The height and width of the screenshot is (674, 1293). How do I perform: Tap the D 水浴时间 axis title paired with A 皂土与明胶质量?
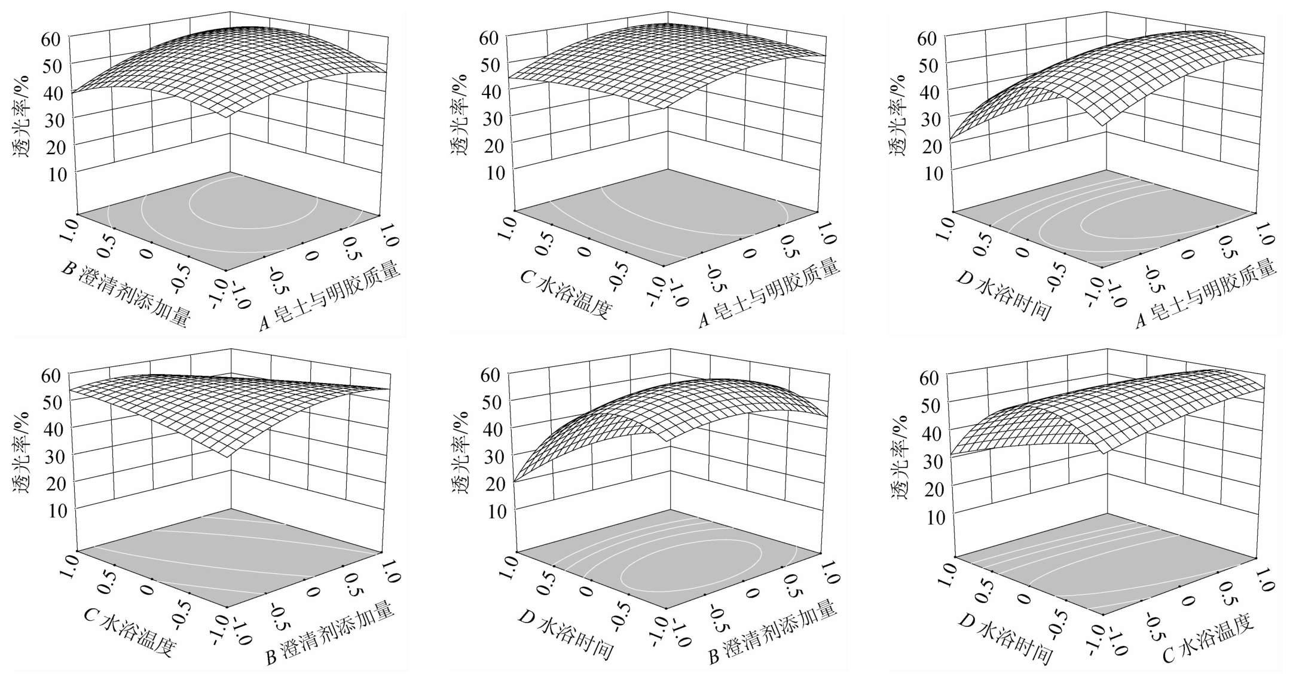click(1004, 295)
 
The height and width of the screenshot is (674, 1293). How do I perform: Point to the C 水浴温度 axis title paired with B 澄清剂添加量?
click(129, 633)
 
